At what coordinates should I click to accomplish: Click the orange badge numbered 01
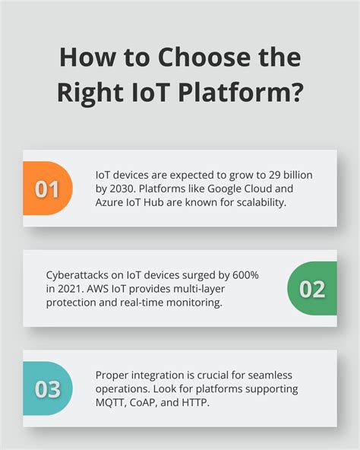tap(46, 189)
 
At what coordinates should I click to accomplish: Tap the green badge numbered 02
tap(312, 289)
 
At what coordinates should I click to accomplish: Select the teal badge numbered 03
tap(47, 389)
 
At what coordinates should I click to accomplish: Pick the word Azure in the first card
tap(111, 202)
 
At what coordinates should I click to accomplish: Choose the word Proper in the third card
tap(112, 375)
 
